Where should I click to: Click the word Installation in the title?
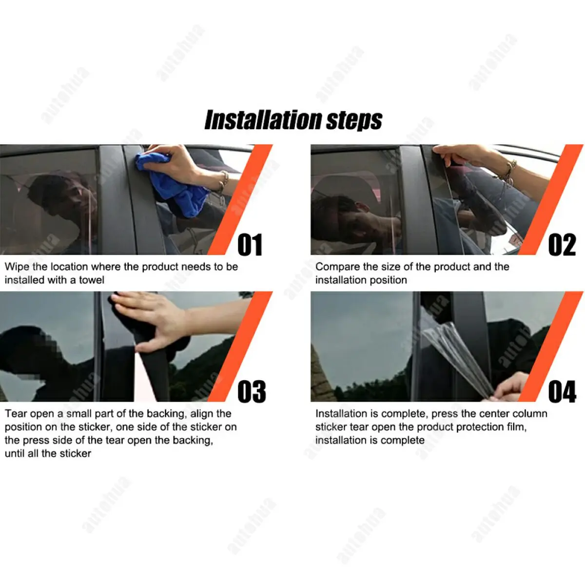(263, 120)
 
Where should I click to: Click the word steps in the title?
(354, 120)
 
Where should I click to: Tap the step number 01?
(250, 245)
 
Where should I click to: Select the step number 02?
(562, 245)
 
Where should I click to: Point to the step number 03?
(251, 391)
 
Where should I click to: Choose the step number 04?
(562, 391)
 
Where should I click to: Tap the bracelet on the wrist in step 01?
(223, 181)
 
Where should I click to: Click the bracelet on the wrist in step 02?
(509, 171)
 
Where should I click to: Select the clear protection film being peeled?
(458, 356)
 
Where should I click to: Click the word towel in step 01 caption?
(92, 280)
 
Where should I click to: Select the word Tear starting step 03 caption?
(16, 414)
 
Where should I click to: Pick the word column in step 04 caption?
(529, 414)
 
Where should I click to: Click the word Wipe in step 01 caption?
(17, 267)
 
